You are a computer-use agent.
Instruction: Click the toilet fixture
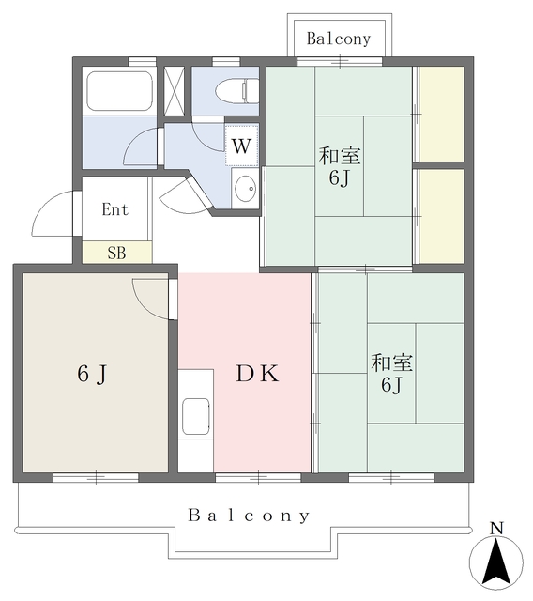click(236, 91)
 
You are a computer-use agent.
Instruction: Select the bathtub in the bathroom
click(119, 91)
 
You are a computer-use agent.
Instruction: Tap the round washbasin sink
click(245, 189)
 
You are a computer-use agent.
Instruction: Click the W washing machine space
click(241, 146)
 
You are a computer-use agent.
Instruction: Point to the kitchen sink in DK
click(196, 416)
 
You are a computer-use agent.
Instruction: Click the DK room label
click(257, 374)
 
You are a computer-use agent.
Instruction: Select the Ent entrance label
click(114, 209)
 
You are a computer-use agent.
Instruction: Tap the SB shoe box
click(117, 253)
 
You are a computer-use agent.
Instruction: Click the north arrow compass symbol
click(495, 562)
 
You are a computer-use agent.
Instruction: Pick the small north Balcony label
click(339, 39)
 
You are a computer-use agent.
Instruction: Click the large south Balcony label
click(249, 516)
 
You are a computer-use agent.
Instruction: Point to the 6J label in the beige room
click(92, 374)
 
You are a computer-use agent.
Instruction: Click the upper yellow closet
click(441, 115)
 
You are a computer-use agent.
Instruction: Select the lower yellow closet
click(441, 216)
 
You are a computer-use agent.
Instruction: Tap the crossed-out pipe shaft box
click(175, 91)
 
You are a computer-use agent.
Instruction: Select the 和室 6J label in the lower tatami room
click(391, 374)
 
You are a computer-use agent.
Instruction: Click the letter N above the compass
click(496, 528)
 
